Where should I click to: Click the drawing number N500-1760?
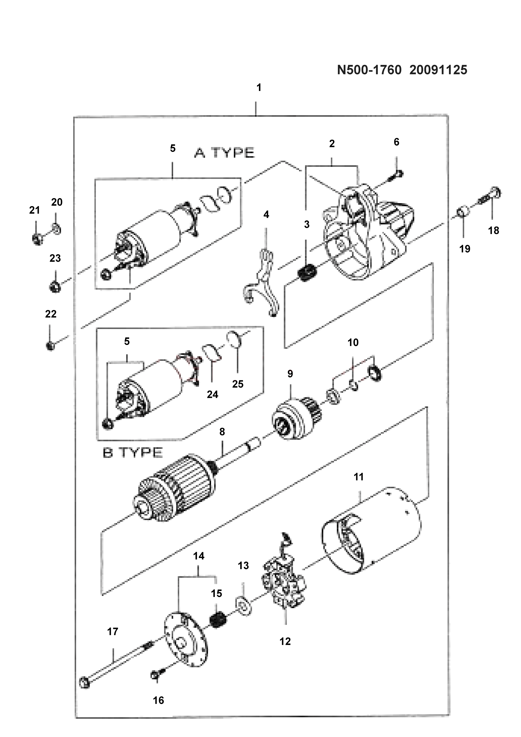point(369,70)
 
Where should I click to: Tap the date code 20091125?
point(438,70)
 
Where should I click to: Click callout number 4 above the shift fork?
point(266,215)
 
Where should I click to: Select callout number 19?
point(465,249)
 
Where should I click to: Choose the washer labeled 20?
point(56,229)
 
